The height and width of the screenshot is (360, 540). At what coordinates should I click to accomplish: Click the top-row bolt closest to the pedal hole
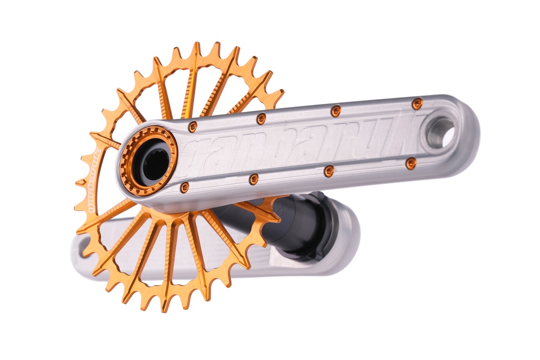[x=417, y=103]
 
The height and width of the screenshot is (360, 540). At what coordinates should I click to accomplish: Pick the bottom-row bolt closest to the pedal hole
[x=411, y=163]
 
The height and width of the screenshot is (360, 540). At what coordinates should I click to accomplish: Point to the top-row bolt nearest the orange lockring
[x=192, y=127]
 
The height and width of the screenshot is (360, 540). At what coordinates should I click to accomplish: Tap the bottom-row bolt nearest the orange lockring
[x=185, y=187]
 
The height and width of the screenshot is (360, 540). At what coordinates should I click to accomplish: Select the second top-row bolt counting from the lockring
[x=261, y=119]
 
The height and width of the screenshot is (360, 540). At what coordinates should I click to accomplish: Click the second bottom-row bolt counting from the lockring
[x=254, y=179]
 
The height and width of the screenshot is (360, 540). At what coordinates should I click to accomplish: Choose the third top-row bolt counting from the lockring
[x=335, y=111]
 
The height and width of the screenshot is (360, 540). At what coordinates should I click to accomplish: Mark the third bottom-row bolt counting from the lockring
[x=329, y=171]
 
